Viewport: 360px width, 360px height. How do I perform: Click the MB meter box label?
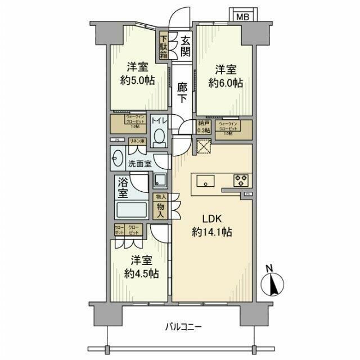[x=241, y=16]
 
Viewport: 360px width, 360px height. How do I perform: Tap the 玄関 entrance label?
[x=184, y=47]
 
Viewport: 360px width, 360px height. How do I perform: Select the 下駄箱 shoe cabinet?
[x=163, y=47]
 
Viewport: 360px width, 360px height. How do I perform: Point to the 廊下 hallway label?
[x=182, y=92]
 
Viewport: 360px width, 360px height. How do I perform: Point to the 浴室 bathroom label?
[x=123, y=188]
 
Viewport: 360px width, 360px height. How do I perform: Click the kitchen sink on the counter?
[x=205, y=181]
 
